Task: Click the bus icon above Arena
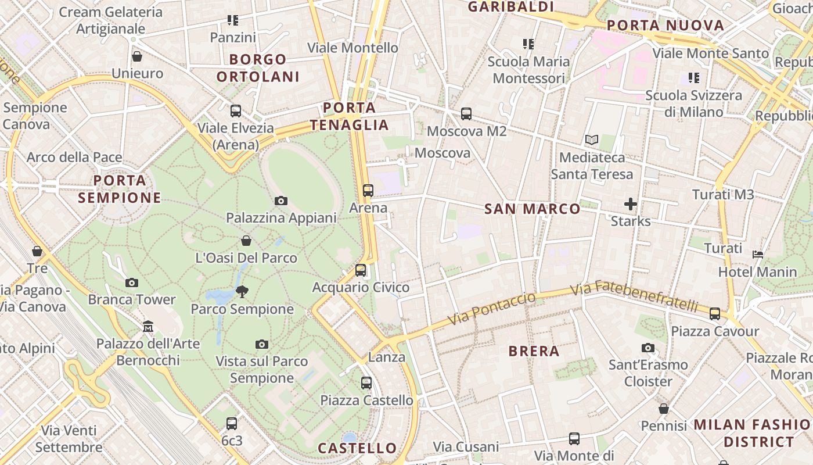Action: pos(368,190)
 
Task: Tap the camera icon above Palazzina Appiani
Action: pos(281,201)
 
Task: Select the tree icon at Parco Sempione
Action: pos(242,291)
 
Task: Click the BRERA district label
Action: pos(534,351)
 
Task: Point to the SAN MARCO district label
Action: pos(532,209)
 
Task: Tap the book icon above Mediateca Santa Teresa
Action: pos(592,140)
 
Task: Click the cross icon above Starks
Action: pos(631,204)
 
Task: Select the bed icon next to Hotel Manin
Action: pos(758,254)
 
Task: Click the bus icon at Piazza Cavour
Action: pos(715,314)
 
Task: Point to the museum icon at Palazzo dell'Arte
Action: pos(148,326)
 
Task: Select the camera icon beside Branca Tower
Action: pos(132,282)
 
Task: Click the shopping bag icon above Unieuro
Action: pos(137,56)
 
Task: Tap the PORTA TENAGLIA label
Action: pos(349,116)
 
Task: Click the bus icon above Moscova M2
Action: pos(466,114)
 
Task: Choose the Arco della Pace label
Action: pos(74,157)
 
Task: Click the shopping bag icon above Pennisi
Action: pos(664,409)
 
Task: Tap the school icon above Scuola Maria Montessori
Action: pos(528,44)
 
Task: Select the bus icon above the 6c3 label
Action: pos(232,423)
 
